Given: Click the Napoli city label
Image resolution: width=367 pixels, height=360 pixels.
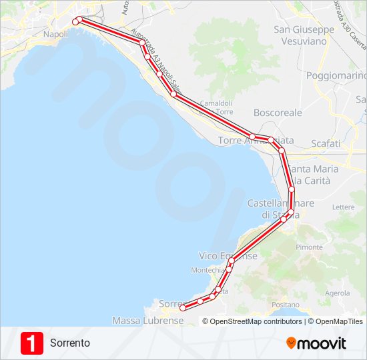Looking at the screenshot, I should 55,34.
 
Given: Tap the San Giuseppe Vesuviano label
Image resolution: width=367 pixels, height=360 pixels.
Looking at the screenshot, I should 304,35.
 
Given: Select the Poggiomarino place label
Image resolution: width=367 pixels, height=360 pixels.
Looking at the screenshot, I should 336,75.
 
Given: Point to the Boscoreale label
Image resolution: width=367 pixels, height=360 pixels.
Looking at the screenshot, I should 278,113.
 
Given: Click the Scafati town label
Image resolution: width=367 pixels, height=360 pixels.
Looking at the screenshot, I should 326,143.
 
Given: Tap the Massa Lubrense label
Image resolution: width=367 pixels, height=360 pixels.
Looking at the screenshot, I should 147,321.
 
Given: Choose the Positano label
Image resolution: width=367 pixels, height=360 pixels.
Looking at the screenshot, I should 286,305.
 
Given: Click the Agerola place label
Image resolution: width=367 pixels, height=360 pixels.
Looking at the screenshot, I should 337,293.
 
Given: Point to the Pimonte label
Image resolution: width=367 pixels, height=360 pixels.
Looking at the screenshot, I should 309,247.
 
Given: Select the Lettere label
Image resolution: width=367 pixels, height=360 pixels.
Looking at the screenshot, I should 343,207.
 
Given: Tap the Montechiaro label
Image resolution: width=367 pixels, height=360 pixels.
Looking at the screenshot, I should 208,270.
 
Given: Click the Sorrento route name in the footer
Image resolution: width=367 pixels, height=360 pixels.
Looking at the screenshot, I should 69,343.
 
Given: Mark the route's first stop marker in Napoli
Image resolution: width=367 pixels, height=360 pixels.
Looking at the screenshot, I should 75,21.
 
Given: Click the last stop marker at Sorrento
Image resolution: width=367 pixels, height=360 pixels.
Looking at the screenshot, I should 183,308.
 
